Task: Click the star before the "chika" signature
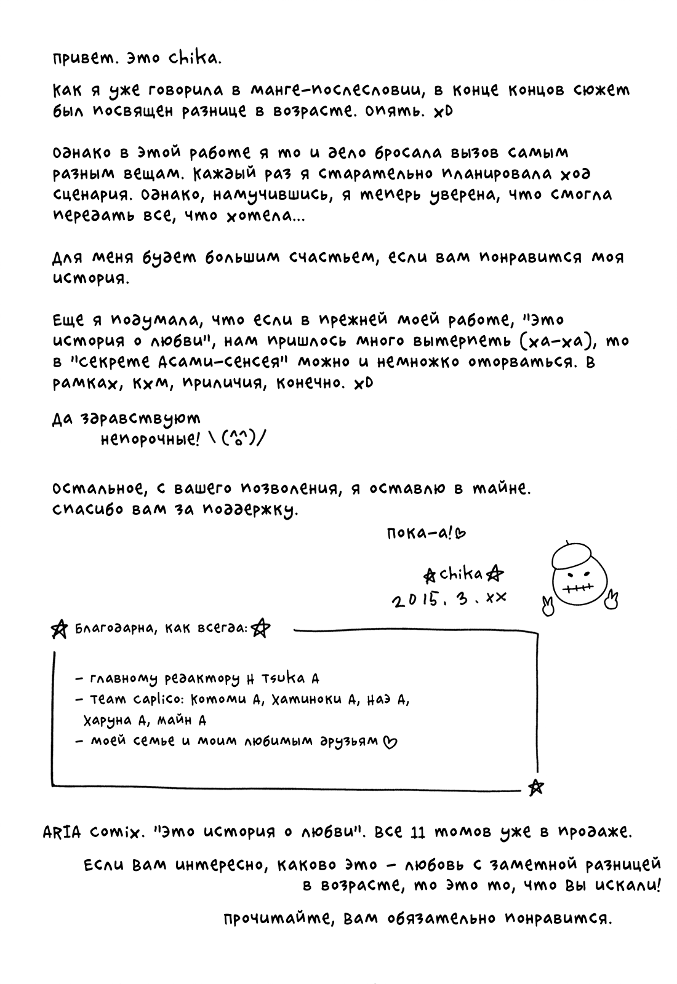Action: (430, 576)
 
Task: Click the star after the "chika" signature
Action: (495, 574)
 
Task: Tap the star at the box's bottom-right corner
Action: (535, 787)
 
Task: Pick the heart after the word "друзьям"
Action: (390, 742)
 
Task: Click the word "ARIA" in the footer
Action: (62, 832)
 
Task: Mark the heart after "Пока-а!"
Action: (460, 533)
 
